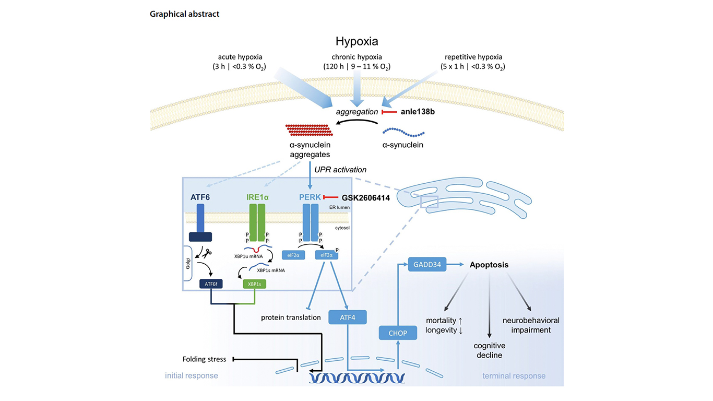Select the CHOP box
[398, 332]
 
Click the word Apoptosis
[489, 265]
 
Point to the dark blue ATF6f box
[211, 284]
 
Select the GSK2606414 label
[365, 198]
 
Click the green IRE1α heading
[257, 198]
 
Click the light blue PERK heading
[310, 198]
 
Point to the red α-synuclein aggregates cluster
[307, 130]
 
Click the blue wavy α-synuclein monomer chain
[401, 132]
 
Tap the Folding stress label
[204, 359]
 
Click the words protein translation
[291, 317]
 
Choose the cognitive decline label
[489, 350]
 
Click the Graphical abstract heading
[184, 14]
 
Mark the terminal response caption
[514, 376]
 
